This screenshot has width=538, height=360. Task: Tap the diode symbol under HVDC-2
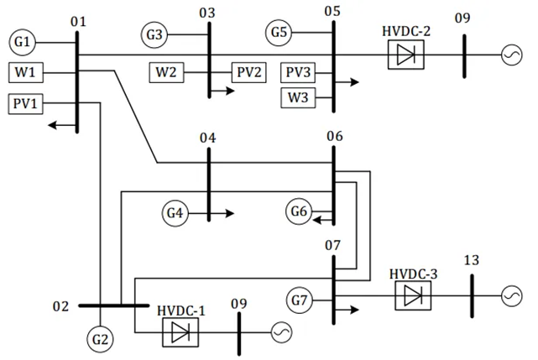[x=406, y=55]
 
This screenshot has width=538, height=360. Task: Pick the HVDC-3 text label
[x=414, y=274]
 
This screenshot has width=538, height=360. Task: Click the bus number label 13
[x=472, y=260]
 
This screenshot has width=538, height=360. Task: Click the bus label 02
[x=60, y=306]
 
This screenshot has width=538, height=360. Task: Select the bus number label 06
[x=335, y=136]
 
